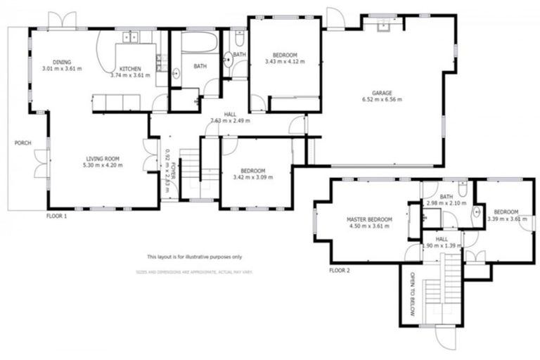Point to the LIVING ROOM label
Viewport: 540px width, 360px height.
(103, 159)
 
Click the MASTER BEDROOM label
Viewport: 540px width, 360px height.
(369, 220)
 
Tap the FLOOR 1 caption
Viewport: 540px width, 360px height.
(56, 217)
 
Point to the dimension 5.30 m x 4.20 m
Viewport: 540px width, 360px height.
(103, 166)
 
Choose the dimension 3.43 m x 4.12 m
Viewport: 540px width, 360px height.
(281, 62)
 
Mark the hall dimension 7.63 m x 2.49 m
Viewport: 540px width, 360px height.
(230, 120)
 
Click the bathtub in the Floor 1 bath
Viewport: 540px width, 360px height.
(200, 42)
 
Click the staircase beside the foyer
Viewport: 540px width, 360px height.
(191, 176)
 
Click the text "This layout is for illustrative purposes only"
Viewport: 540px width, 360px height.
(194, 257)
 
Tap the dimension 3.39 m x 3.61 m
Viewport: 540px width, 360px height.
(506, 219)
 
